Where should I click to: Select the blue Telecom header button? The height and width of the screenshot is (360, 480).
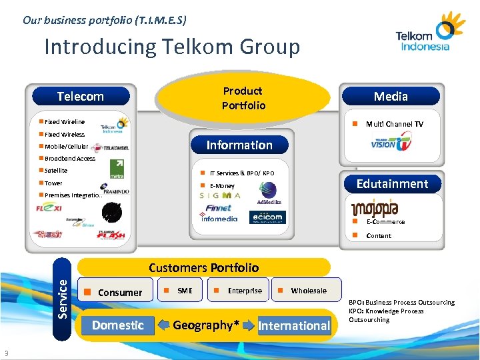tap(81, 96)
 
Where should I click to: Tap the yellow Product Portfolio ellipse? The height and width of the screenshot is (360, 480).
tap(243, 99)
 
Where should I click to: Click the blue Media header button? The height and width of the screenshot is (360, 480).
tap(391, 96)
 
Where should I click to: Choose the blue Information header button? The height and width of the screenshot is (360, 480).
tap(239, 145)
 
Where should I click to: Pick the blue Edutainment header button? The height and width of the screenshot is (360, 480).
tap(391, 184)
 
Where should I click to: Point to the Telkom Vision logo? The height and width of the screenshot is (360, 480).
tap(391, 141)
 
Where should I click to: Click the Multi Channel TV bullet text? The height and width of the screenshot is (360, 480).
tap(394, 124)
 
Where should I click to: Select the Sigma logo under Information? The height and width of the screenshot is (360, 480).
tap(221, 196)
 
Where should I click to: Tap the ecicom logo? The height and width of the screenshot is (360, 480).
tap(267, 217)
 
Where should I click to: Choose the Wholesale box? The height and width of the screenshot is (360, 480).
tap(308, 291)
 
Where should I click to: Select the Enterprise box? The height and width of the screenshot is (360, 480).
tap(244, 291)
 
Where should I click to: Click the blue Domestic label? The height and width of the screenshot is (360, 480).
tap(117, 325)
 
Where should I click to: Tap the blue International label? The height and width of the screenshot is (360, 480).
tap(294, 326)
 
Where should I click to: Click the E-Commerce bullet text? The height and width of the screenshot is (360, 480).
tap(385, 222)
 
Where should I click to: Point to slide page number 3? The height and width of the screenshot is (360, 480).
tap(5, 353)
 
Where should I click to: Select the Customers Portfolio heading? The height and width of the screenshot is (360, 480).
tap(203, 268)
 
